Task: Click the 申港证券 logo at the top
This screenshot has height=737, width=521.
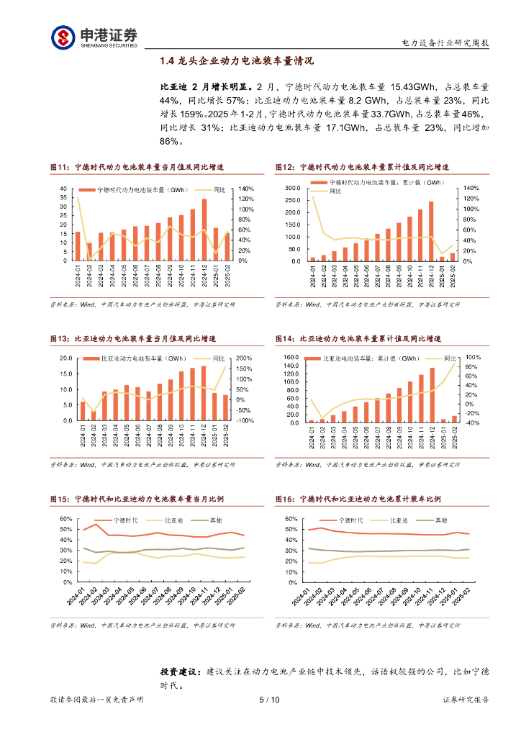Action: click(94, 37)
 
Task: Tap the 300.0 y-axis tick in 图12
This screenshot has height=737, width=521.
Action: click(292, 189)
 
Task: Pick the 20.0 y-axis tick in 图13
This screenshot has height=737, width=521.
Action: click(66, 358)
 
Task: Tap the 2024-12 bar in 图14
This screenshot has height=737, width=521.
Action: click(432, 395)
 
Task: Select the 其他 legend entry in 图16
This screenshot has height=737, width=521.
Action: click(440, 519)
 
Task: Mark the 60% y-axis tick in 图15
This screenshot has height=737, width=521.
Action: click(64, 519)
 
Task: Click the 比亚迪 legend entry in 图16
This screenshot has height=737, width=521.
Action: click(399, 519)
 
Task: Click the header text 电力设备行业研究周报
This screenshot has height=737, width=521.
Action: click(445, 42)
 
